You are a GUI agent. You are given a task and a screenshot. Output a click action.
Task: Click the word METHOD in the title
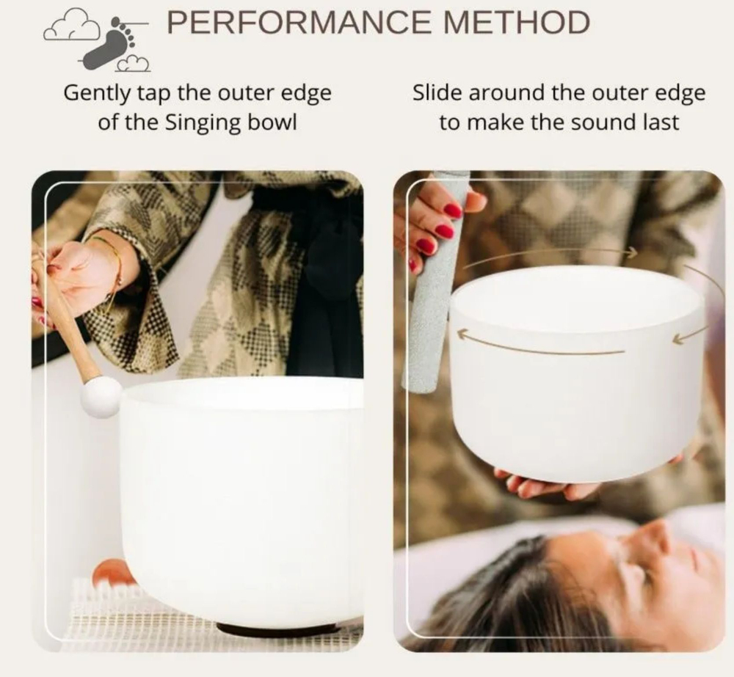(516, 23)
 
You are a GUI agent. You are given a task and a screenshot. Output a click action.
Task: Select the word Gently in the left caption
(98, 94)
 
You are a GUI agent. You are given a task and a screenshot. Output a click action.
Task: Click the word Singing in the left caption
(203, 123)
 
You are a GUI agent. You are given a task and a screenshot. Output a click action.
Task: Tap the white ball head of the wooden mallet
(101, 398)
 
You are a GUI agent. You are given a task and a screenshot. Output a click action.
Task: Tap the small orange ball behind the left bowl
(110, 573)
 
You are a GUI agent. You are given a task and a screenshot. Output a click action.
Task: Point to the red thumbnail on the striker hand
(453, 210)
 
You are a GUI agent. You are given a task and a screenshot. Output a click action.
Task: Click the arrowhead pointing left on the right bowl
(463, 334)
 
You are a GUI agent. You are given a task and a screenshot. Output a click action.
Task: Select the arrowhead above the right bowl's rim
(632, 252)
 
